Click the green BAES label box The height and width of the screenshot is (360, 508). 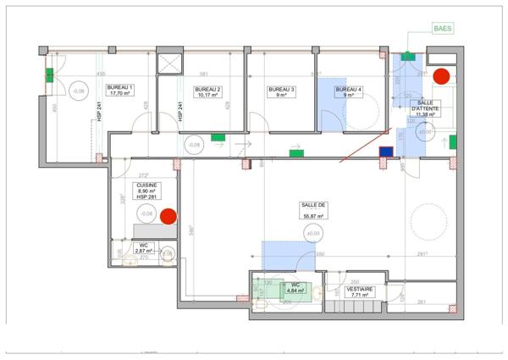[442, 28]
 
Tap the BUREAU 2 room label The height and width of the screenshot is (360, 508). [207, 91]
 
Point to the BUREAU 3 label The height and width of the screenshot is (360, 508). [281, 91]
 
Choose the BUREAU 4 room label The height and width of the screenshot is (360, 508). [348, 91]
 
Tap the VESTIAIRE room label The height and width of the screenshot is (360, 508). [362, 292]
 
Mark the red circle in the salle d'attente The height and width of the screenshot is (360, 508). [440, 75]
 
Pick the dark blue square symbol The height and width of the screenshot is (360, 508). [386, 152]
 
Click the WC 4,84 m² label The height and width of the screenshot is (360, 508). [295, 288]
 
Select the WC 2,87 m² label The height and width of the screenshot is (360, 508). [142, 248]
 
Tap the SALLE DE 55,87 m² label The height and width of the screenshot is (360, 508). [313, 211]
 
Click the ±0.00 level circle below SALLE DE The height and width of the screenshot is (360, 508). [313, 233]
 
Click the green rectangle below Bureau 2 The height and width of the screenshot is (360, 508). [218, 136]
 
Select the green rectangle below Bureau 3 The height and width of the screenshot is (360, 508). [296, 153]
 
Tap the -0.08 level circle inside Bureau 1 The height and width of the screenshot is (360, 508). [79, 91]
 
